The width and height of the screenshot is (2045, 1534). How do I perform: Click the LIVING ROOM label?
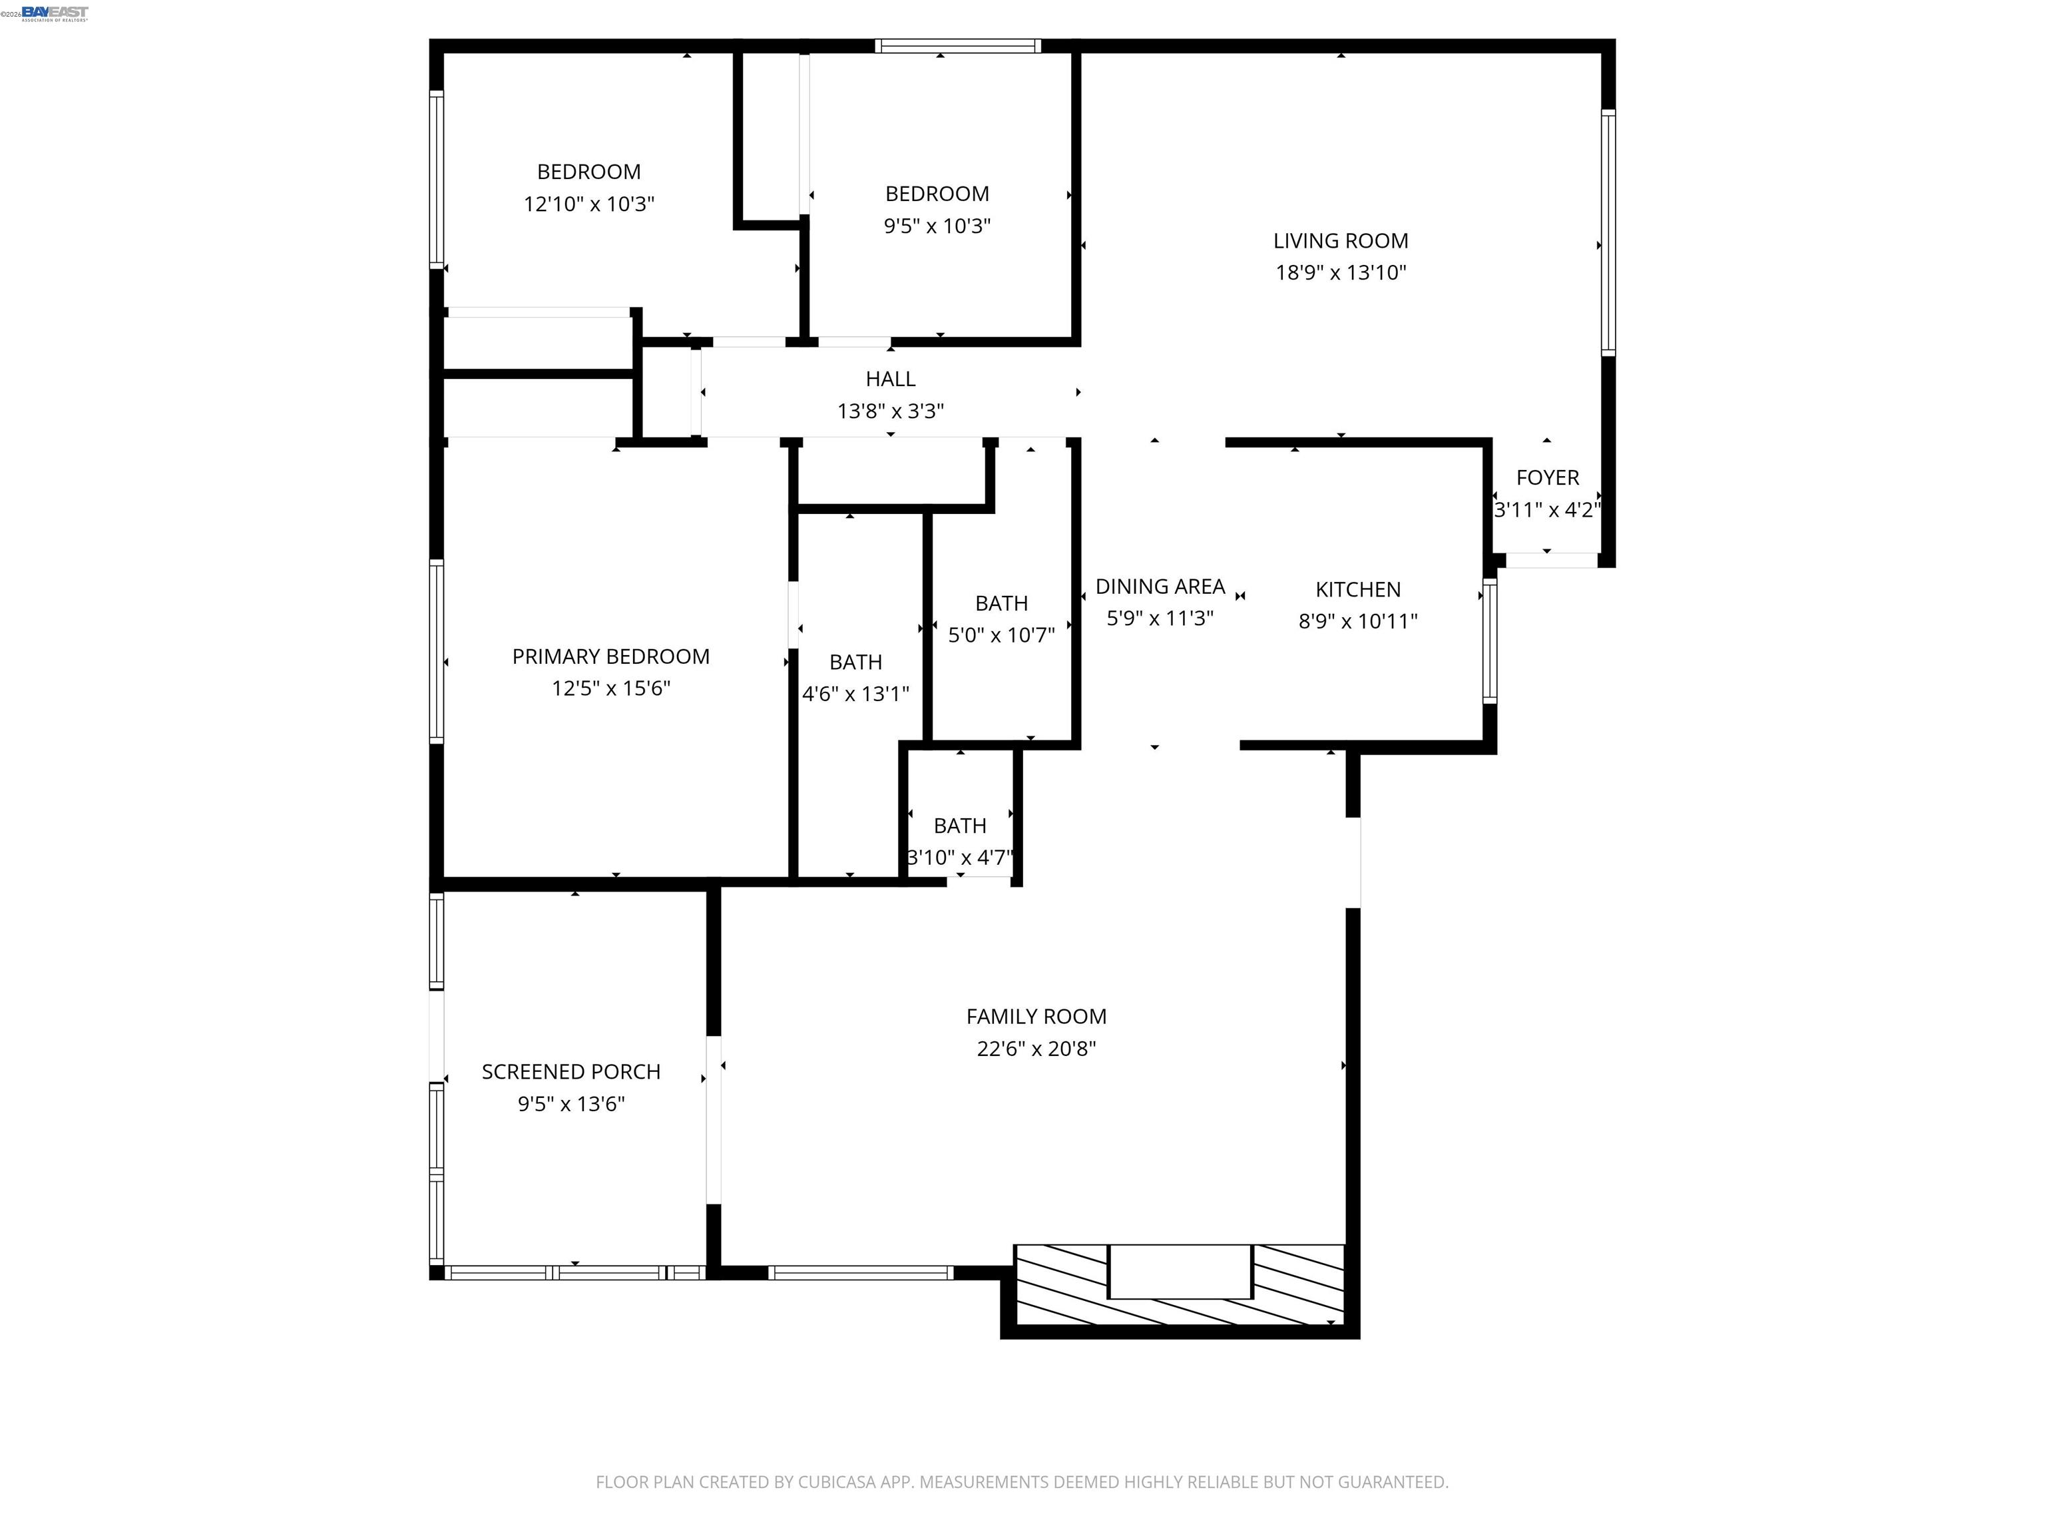pyautogui.click(x=1341, y=240)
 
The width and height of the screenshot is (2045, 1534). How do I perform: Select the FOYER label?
pyautogui.click(x=1548, y=477)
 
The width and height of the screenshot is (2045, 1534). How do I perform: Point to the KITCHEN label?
pyautogui.click(x=1358, y=589)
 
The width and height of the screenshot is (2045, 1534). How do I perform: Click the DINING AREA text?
pyautogui.click(x=1160, y=586)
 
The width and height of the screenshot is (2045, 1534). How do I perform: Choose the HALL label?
pyautogui.click(x=890, y=378)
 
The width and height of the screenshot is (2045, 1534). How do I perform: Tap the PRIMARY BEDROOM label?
pyautogui.click(x=611, y=656)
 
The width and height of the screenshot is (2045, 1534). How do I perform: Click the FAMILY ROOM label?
pyautogui.click(x=1036, y=1016)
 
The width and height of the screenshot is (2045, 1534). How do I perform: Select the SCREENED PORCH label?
pyautogui.click(x=571, y=1072)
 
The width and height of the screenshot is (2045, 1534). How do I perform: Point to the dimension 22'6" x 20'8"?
pyautogui.click(x=1036, y=1049)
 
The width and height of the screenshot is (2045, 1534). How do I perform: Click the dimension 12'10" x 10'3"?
pyautogui.click(x=589, y=204)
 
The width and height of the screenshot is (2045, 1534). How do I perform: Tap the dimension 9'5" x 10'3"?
pyautogui.click(x=937, y=226)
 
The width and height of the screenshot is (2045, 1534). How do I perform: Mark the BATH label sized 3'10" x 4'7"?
pyautogui.click(x=960, y=826)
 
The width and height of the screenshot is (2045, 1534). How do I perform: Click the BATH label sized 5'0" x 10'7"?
pyautogui.click(x=1001, y=603)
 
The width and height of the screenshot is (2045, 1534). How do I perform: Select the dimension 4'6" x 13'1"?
pyautogui.click(x=856, y=694)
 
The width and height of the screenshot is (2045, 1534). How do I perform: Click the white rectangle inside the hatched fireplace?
pyautogui.click(x=1180, y=1272)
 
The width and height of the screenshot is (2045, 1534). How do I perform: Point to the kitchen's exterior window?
pyautogui.click(x=1489, y=640)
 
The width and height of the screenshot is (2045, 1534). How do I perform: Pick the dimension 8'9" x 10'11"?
pyautogui.click(x=1358, y=621)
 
